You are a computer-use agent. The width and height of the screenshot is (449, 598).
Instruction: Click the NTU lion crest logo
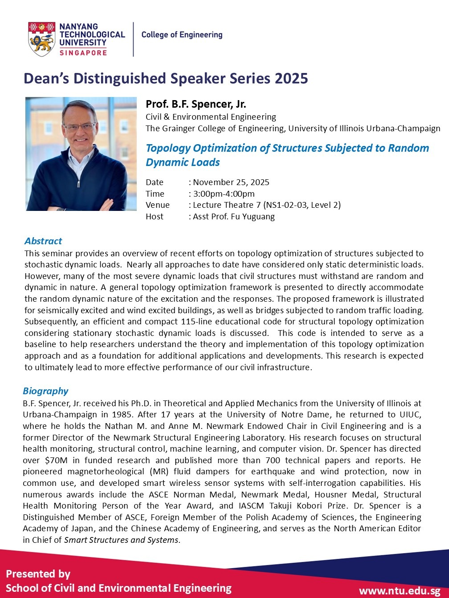click(x=41, y=39)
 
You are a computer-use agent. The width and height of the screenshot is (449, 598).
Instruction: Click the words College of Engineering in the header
click(x=182, y=35)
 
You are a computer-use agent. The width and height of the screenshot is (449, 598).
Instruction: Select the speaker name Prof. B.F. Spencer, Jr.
click(x=196, y=104)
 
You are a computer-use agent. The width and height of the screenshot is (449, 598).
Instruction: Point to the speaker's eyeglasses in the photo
click(x=80, y=127)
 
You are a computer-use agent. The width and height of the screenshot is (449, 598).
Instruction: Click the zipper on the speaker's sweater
click(x=79, y=183)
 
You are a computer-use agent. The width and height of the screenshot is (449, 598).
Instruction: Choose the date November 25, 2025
click(x=231, y=182)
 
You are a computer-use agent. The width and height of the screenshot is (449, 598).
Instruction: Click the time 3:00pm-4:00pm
click(x=224, y=194)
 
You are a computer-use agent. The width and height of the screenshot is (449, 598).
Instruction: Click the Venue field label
click(x=158, y=205)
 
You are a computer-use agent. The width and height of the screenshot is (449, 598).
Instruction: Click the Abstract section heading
click(x=43, y=241)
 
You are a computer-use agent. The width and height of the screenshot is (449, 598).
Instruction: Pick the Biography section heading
click(x=45, y=391)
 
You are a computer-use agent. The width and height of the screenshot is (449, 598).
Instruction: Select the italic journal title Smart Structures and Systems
click(x=121, y=540)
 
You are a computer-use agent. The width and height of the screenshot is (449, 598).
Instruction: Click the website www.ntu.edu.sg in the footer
click(x=399, y=591)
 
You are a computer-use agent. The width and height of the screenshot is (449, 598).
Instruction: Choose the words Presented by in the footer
click(x=38, y=574)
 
